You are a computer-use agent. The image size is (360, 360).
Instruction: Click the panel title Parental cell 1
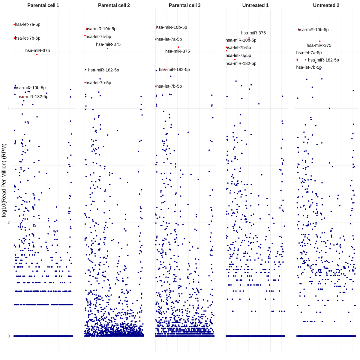[x=43, y=5]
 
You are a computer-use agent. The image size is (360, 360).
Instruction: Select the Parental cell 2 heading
[x=114, y=5]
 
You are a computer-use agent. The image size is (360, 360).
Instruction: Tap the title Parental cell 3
[x=184, y=5]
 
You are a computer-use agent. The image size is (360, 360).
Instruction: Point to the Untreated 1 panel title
[x=255, y=5]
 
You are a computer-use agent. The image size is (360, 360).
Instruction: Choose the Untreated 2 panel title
[x=326, y=5]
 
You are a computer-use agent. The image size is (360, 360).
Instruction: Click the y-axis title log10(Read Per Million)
[x=4, y=180]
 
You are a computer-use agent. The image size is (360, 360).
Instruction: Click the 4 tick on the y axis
[x=8, y=109]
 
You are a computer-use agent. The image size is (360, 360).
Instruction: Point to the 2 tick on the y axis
[x=8, y=222]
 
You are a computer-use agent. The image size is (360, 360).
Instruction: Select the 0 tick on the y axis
[x=8, y=336]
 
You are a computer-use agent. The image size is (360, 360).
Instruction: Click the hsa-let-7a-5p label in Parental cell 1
[x=28, y=25]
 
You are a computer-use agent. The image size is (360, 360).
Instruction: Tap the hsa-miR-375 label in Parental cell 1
[x=37, y=51]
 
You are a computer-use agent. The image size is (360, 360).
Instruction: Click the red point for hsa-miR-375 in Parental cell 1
[x=37, y=55]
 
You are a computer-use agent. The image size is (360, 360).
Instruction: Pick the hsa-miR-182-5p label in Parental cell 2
[x=103, y=70]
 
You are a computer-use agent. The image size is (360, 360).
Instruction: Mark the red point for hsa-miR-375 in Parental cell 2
[x=108, y=48]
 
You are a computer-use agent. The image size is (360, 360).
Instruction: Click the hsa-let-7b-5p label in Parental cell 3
[x=169, y=86]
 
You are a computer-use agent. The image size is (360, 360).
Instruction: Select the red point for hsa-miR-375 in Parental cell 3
[x=178, y=47]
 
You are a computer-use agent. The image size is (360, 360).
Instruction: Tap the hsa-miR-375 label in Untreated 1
[x=253, y=33]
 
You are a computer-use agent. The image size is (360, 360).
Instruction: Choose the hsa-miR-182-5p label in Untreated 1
[x=241, y=64]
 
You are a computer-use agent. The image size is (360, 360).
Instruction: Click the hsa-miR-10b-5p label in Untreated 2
[x=313, y=30]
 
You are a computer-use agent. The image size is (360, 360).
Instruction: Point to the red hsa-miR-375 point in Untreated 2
[x=320, y=41]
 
